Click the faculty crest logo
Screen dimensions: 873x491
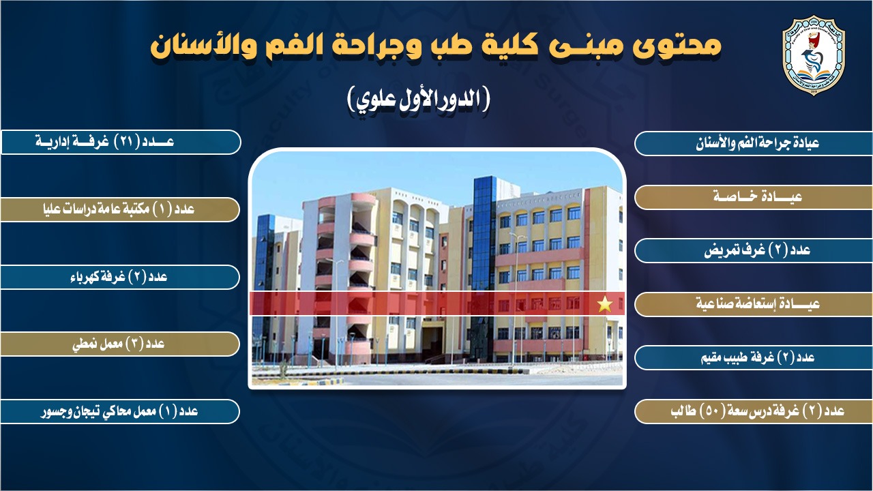click(814, 55)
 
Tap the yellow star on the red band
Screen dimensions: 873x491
click(605, 304)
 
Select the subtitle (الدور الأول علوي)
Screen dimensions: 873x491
click(418, 100)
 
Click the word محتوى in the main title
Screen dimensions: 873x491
click(678, 46)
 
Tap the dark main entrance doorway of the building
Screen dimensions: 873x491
click(432, 343)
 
